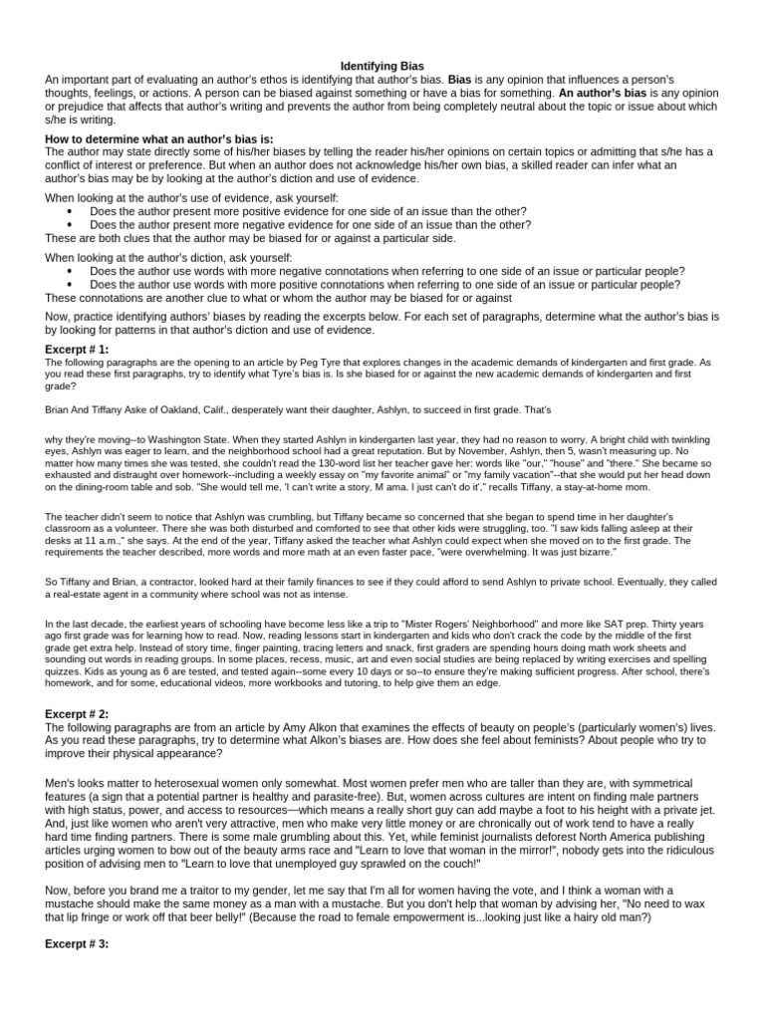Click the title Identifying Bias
(382, 64)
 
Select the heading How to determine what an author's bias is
(159, 138)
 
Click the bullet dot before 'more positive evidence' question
(69, 212)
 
